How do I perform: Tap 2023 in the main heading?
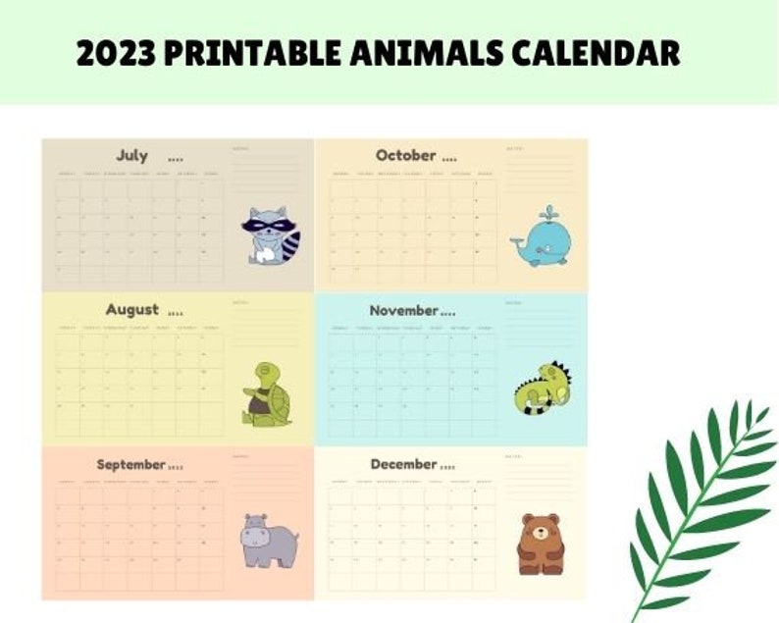(116, 53)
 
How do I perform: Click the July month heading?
(132, 155)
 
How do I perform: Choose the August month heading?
(132, 309)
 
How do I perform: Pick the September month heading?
(130, 464)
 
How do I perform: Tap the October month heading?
(405, 155)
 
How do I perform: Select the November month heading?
(403, 310)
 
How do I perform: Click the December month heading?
(403, 464)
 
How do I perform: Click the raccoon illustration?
(270, 235)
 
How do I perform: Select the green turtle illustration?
(266, 394)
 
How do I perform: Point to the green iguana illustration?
(542, 389)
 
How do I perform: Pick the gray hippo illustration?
(269, 539)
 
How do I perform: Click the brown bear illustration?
(541, 544)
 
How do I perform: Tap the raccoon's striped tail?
(291, 245)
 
